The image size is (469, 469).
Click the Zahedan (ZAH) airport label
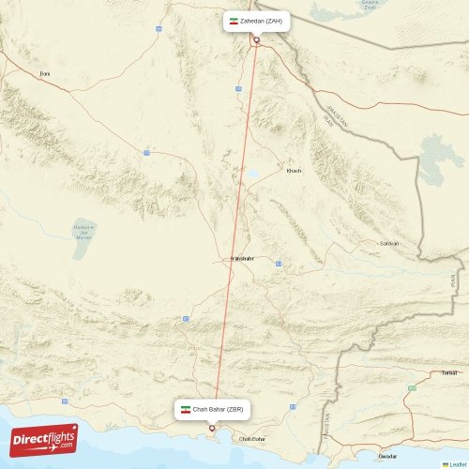261,21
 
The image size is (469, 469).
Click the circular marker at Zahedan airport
256,39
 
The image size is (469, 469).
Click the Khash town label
294,171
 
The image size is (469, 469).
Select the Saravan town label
388,243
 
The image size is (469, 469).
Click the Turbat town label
449,372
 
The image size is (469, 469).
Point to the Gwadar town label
387,455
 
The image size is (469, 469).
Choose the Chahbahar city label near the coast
252,439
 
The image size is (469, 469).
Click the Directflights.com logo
44,439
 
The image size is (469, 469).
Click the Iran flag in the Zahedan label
234,21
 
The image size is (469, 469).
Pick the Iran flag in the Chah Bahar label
186,410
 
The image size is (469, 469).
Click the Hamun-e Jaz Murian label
83,231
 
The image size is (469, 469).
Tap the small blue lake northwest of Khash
252,174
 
